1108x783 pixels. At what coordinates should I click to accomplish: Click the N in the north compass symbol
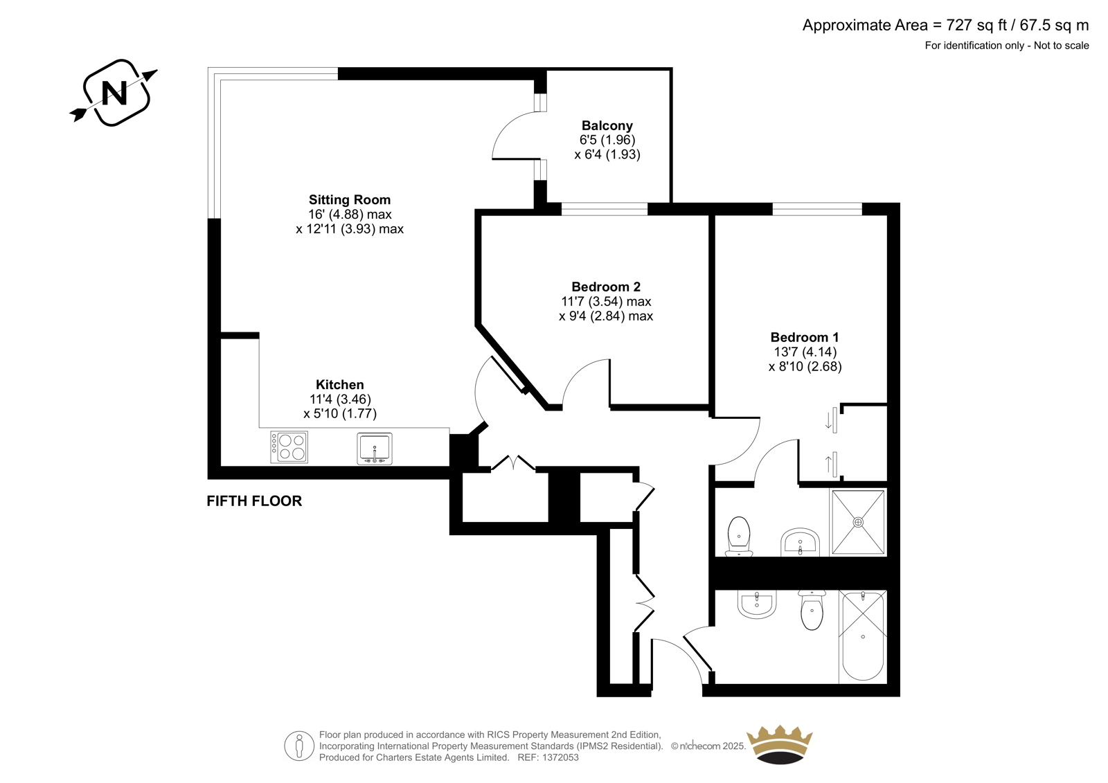114,93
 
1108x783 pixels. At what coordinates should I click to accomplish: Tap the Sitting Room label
350,200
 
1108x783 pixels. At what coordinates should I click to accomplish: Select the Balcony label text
607,125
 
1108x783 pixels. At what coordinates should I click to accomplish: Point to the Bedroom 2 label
606,287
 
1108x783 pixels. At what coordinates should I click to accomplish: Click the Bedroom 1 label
805,337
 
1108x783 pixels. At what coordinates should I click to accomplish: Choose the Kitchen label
340,385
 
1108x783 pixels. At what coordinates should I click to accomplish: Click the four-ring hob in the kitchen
289,447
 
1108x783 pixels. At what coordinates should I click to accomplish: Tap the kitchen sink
375,449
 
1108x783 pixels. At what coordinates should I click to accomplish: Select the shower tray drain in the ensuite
858,522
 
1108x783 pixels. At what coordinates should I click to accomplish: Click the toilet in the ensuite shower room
739,536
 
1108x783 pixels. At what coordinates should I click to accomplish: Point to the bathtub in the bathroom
863,637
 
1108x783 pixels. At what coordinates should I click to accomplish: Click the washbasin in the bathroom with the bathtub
757,604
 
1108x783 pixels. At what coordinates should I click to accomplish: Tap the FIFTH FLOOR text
254,501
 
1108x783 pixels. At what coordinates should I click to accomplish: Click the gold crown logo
780,744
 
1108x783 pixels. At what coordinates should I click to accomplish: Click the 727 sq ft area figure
977,25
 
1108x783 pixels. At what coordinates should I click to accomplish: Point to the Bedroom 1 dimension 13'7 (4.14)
805,352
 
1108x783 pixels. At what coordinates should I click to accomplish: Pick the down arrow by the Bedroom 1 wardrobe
828,421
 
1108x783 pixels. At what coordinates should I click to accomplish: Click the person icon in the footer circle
298,746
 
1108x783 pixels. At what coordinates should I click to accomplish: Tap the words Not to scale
1061,46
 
